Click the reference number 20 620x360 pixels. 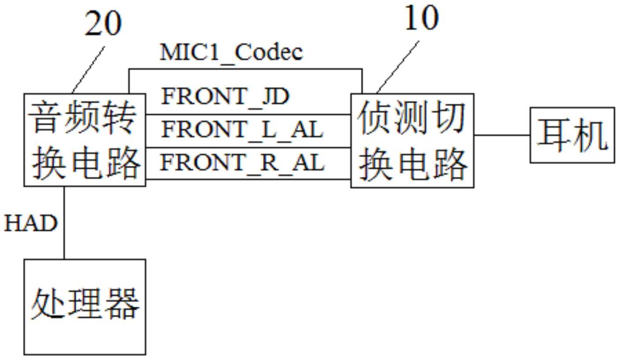point(103,23)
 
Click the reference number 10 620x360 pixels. point(421,18)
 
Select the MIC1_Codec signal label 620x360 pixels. point(231,53)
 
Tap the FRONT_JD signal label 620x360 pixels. point(225,97)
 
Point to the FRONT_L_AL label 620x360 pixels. point(242,130)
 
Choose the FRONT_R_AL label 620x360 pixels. point(242,163)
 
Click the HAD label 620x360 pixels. point(31,223)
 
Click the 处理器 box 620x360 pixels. point(85,307)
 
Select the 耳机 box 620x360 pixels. point(572,135)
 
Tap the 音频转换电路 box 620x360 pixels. point(85,140)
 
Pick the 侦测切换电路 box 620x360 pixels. point(413,141)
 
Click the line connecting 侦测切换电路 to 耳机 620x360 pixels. point(502,135)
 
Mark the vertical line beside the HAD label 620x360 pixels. point(64,223)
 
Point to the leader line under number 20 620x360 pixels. point(88,70)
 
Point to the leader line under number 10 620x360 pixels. point(398,67)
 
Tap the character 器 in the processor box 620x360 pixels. point(123,304)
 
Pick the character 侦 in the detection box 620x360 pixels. point(374,118)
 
